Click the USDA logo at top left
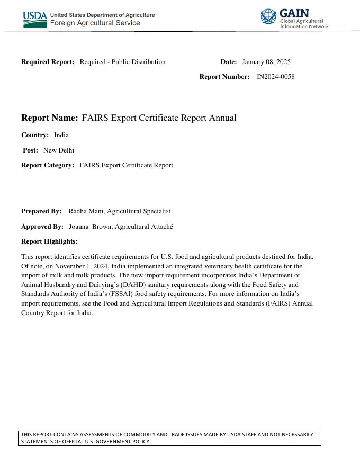coord(34,19)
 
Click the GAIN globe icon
coord(268,16)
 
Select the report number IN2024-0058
coord(275,77)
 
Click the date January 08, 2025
coord(266,62)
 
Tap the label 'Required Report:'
coord(48,62)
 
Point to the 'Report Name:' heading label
coord(49,118)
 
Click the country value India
coord(61,135)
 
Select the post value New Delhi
coord(59,150)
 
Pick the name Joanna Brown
coord(89,227)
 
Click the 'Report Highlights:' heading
coord(49,241)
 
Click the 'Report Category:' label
coord(48,165)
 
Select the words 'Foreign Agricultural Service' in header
coord(95,23)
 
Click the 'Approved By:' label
coord(42,227)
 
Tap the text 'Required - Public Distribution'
coord(122,62)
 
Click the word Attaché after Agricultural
coord(161,227)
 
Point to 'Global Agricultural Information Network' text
coord(304,23)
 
